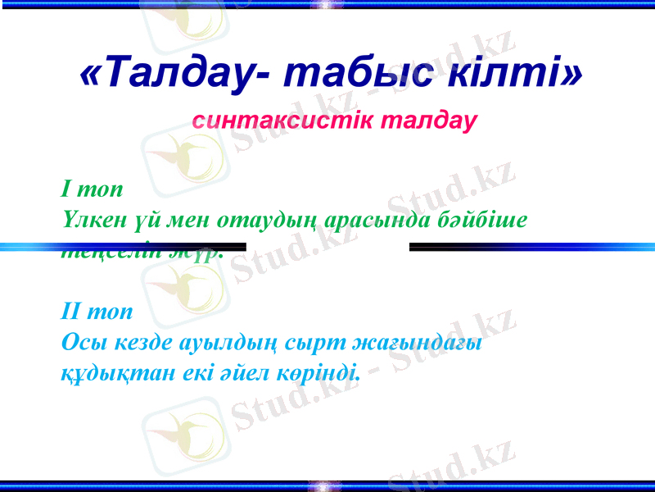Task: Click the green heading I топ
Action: click(x=92, y=189)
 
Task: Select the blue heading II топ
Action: click(x=97, y=312)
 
